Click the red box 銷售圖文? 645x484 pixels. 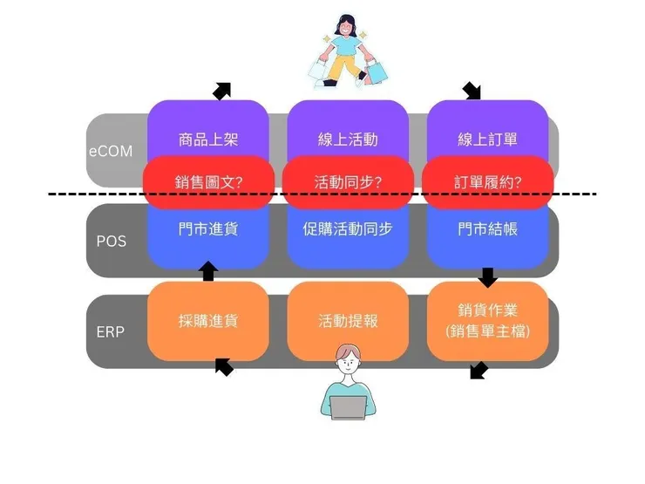[208, 182]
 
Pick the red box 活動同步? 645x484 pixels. [348, 182]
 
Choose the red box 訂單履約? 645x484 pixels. [487, 182]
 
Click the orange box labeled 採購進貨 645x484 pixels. [208, 321]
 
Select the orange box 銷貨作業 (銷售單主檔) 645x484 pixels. [487, 321]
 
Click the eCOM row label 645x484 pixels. [111, 151]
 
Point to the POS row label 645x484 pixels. [111, 241]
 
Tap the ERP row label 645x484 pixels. [111, 332]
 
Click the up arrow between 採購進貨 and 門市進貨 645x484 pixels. [207, 270]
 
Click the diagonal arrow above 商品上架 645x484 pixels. [222, 91]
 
